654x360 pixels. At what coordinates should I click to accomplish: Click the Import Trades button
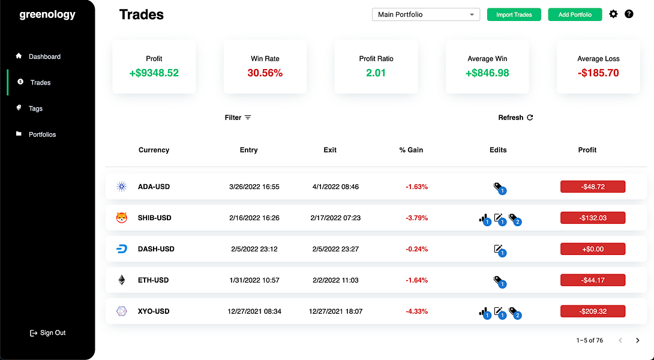click(514, 14)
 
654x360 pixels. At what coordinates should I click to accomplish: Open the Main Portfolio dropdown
click(426, 14)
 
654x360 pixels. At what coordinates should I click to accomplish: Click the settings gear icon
click(613, 14)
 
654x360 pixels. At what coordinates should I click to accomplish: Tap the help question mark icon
click(629, 14)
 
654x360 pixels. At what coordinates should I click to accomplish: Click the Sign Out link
click(48, 333)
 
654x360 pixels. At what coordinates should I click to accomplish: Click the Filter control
click(238, 118)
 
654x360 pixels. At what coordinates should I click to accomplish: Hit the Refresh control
click(515, 118)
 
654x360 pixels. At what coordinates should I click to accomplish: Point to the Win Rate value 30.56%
click(265, 73)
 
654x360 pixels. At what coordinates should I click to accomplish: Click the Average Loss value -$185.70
click(598, 73)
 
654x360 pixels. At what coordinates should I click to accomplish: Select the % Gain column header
click(411, 150)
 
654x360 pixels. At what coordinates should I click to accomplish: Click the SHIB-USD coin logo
click(121, 218)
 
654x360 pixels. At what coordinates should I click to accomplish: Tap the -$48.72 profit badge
click(593, 187)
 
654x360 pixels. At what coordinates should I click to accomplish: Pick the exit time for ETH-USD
click(335, 280)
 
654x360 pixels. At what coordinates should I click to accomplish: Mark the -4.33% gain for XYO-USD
click(416, 311)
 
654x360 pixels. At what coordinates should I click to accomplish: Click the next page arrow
click(637, 340)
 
